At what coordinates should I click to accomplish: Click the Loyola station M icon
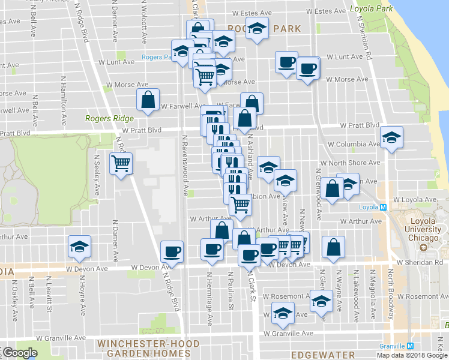(382, 208)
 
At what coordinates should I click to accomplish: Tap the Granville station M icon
(411, 346)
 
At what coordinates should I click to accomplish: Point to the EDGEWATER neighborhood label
(315, 355)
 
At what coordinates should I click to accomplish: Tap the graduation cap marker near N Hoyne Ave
(79, 246)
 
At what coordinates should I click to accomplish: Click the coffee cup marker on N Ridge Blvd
(172, 252)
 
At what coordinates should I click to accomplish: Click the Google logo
(19, 353)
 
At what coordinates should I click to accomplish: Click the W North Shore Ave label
(350, 163)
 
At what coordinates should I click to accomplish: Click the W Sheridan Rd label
(419, 262)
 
